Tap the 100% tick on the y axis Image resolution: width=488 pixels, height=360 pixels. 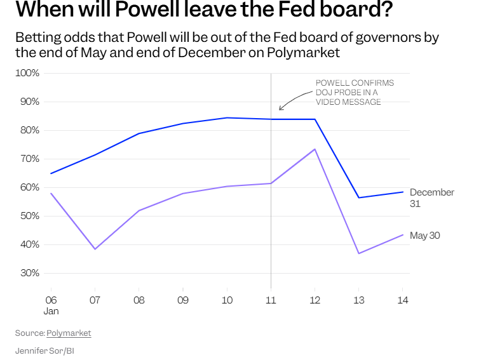27,73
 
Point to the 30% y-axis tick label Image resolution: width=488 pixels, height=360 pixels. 29,273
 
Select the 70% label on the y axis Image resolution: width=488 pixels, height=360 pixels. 29,159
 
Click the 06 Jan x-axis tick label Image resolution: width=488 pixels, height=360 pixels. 51,304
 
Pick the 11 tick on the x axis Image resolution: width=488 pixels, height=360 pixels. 271,299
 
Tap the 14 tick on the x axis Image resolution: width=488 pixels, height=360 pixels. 403,299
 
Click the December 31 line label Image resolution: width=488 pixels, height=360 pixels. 431,197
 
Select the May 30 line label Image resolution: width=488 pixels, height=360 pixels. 424,236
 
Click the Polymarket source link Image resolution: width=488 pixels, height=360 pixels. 69,333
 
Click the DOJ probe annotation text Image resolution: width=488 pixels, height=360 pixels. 355,92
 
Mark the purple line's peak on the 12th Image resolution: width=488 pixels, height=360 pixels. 315,149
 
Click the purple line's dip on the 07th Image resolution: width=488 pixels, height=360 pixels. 95,249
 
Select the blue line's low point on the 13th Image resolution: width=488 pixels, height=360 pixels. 359,197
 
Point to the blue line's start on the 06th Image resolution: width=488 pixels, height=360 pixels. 51,173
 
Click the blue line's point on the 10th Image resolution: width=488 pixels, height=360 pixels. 227,117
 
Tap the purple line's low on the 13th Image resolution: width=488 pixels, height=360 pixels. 359,253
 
